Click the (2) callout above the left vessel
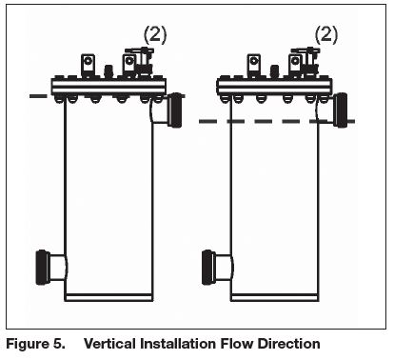(155, 34)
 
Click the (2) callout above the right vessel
(325, 34)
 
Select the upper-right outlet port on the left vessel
(174, 110)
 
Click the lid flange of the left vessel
(108, 87)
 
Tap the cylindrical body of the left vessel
(108, 190)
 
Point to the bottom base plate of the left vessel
(108, 295)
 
